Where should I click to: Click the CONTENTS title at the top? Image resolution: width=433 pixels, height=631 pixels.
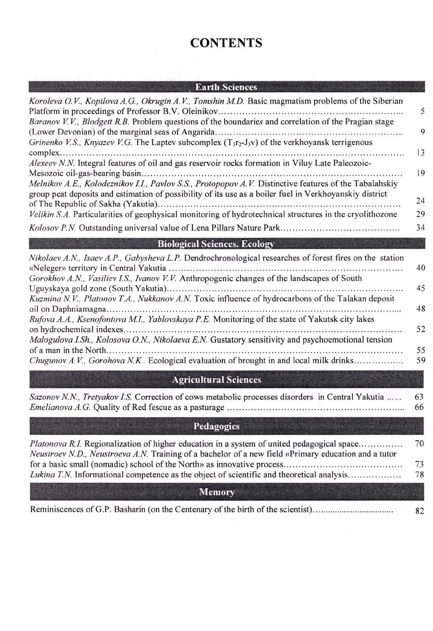tap(226, 43)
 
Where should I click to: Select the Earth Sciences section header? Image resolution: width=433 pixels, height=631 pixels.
tap(226, 87)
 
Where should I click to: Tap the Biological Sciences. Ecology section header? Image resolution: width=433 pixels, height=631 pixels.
tap(216, 245)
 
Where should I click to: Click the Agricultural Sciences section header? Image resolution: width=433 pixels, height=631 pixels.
tap(216, 380)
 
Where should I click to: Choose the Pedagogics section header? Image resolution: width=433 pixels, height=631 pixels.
tap(216, 427)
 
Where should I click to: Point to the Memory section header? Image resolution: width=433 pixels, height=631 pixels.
tap(216, 492)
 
